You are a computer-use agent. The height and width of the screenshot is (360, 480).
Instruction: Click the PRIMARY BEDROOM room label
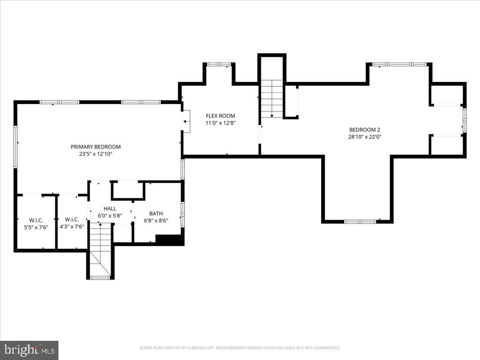pos(96,147)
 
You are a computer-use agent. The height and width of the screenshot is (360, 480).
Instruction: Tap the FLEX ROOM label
pos(220,116)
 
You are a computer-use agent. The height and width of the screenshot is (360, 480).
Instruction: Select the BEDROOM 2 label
pos(365,130)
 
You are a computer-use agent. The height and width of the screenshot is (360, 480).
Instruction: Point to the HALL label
pos(110,209)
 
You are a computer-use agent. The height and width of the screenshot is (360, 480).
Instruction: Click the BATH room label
pos(156,213)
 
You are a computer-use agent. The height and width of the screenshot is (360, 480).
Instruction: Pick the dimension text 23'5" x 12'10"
pos(96,154)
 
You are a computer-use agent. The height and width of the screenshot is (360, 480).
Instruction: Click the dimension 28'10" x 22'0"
pos(365,137)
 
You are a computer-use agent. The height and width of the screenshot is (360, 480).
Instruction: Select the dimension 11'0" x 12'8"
pos(220,123)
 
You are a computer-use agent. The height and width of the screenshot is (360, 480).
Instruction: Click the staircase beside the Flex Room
pos(272,98)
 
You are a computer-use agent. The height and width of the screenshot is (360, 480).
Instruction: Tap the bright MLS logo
pos(30,350)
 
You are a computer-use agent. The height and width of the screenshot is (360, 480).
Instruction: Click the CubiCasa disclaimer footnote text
pos(240,348)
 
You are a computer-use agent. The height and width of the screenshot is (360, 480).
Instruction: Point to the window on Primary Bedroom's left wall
pos(15,146)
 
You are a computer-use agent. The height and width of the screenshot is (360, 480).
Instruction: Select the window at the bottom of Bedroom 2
pos(360,221)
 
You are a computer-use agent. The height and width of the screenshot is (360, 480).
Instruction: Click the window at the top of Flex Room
pos(219,64)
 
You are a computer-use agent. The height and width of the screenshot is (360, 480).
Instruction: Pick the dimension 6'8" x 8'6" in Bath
pos(156,220)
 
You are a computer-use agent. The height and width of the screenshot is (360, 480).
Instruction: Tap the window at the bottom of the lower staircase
pos(100,277)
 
